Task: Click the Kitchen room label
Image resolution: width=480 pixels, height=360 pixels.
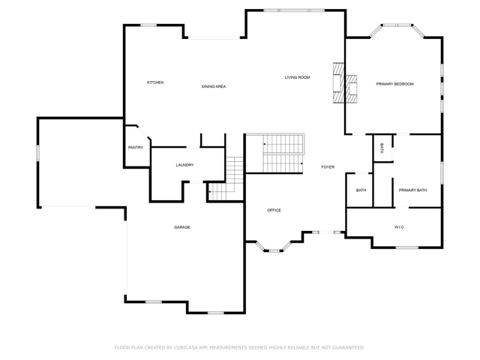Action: click(x=155, y=82)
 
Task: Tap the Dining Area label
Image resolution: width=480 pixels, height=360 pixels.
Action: click(x=214, y=87)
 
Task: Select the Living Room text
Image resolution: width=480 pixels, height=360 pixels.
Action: click(x=297, y=77)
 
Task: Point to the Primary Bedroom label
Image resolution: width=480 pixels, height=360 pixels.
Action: click(x=395, y=84)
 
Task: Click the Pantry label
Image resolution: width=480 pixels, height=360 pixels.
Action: click(x=136, y=148)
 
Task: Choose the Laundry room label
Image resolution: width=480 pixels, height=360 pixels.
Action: click(x=185, y=165)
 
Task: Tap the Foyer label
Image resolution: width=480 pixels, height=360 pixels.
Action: click(x=328, y=167)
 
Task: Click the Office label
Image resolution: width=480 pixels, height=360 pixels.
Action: click(x=274, y=210)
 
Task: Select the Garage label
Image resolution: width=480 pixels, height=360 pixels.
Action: click(x=182, y=227)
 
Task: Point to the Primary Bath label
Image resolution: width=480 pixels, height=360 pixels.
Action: click(x=412, y=190)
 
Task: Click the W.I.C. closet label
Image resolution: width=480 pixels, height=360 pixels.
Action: click(x=400, y=227)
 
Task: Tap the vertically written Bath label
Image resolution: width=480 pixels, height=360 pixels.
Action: click(x=382, y=148)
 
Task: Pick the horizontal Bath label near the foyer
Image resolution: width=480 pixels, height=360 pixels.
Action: click(x=361, y=190)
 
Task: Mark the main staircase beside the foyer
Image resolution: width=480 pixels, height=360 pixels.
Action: click(x=283, y=154)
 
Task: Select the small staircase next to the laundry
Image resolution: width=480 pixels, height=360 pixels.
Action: click(x=226, y=179)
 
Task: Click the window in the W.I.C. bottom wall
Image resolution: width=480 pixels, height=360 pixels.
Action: click(x=406, y=247)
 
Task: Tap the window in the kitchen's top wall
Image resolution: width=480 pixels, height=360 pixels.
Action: click(x=148, y=25)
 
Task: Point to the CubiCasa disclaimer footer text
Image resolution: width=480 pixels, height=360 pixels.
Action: click(x=240, y=348)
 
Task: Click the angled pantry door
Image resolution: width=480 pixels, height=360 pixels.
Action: click(x=143, y=132)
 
